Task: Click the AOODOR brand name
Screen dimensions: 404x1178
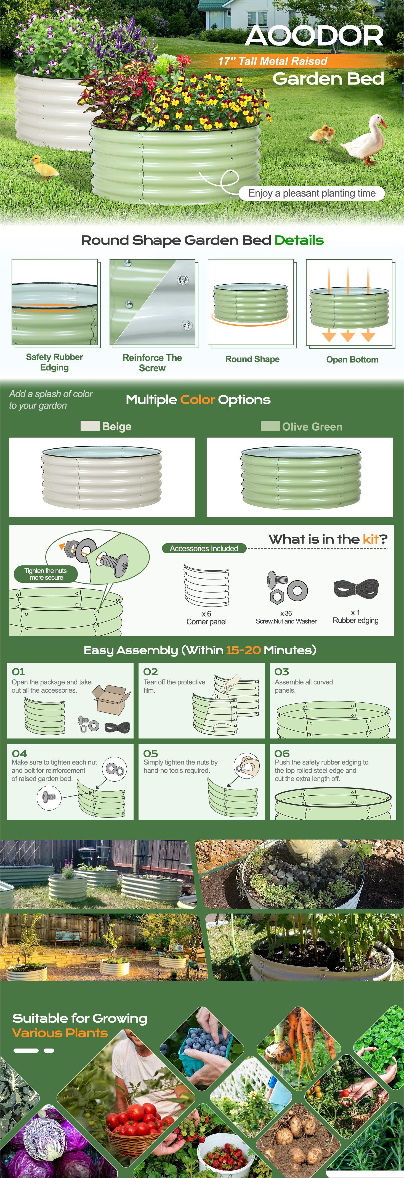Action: [x=314, y=36]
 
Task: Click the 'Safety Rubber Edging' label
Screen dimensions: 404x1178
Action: [x=54, y=362]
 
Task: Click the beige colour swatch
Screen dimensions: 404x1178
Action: [x=90, y=426]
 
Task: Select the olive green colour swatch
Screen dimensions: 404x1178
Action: [x=270, y=426]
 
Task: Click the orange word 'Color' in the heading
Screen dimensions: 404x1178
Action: [x=197, y=400]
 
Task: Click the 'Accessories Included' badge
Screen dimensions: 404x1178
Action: [x=204, y=548]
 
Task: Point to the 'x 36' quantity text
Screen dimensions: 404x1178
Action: [x=286, y=613]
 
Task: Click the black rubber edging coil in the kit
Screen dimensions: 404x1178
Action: [x=356, y=588]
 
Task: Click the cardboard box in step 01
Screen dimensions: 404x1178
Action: [x=111, y=699]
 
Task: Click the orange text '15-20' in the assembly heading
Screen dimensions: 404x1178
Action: [x=243, y=650]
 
